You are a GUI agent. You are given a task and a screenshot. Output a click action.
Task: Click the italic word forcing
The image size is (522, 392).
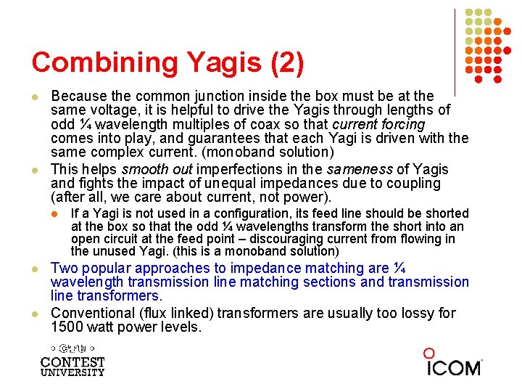coord(399,124)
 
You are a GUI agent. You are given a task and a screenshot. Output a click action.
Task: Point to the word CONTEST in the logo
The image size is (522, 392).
coord(72,362)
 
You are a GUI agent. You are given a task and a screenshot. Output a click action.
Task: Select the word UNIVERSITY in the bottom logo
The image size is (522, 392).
coord(72,372)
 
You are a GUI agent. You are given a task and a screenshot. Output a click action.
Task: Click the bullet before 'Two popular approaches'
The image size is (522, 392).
coord(35,269)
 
